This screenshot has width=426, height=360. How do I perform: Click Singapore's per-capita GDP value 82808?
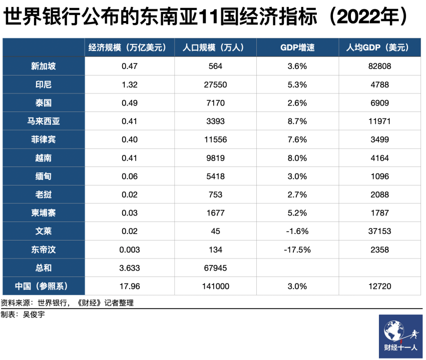(x=380, y=66)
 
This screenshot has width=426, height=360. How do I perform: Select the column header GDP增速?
(x=297, y=47)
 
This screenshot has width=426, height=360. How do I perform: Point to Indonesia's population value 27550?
(x=216, y=84)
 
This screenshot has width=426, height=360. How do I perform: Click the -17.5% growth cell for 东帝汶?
(x=297, y=249)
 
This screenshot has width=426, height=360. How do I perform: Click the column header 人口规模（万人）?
(x=216, y=47)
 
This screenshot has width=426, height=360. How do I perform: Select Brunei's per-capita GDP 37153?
(x=380, y=231)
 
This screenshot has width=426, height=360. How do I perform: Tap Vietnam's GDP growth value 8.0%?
(x=297, y=158)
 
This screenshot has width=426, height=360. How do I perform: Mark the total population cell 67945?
(x=216, y=268)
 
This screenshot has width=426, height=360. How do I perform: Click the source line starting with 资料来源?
(x=68, y=303)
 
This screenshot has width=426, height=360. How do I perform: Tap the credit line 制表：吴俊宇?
(x=24, y=314)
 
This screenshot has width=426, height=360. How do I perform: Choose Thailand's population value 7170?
(x=216, y=103)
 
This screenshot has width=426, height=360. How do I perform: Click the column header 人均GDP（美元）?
(x=380, y=47)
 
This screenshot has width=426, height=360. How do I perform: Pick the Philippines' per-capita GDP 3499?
(x=380, y=139)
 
